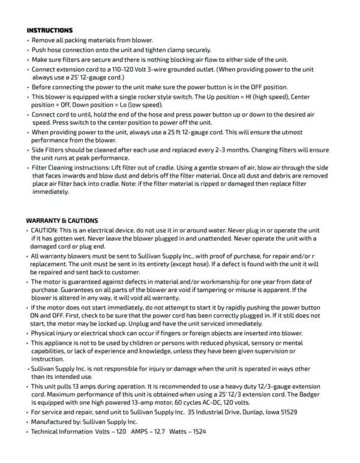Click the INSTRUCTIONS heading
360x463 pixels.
click(x=50, y=30)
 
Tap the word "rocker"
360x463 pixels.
click(x=152, y=96)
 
